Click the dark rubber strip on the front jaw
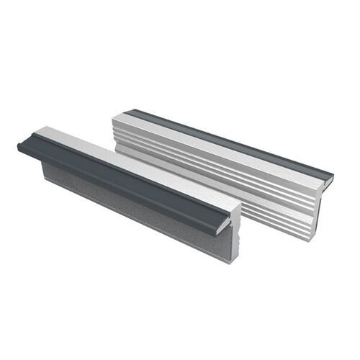122,179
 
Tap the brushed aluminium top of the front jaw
144,163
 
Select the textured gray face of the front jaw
130,209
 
